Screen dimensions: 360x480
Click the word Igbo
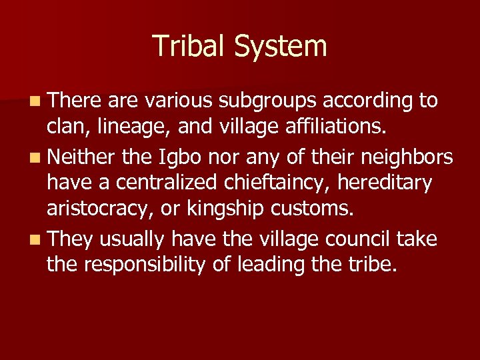[x=176, y=157]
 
